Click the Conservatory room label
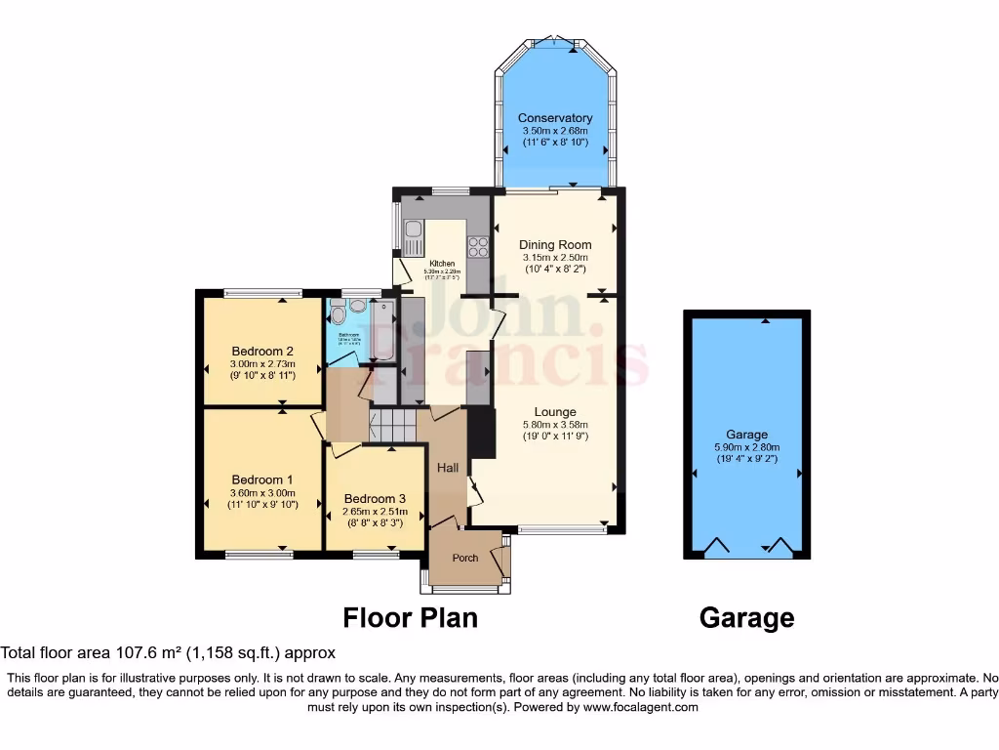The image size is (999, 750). click(555, 118)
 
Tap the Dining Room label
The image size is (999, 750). click(555, 245)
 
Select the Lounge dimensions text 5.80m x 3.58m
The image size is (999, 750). click(555, 424)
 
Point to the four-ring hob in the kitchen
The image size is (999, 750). click(479, 246)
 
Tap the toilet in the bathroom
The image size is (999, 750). click(337, 312)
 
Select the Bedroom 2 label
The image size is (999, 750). click(262, 352)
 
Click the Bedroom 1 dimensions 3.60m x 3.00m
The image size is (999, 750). click(262, 493)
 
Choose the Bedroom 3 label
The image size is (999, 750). click(375, 499)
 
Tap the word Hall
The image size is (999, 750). click(448, 469)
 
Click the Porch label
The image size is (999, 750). click(465, 559)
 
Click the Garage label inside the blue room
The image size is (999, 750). click(746, 435)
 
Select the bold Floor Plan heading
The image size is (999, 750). click(410, 618)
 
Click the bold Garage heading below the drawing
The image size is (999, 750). click(746, 618)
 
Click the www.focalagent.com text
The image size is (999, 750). click(640, 707)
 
